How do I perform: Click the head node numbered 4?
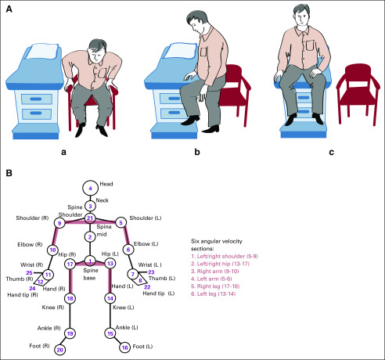point(90,189)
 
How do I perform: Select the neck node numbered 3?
point(90,206)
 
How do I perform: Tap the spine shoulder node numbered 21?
point(90,218)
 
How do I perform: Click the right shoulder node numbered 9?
point(59,223)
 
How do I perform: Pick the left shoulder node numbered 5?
point(121,223)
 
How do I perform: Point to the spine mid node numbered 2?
point(90,236)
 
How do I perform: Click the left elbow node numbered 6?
point(128,250)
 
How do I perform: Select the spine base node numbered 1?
point(90,260)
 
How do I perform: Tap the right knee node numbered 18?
point(70,298)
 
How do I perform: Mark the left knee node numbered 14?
point(110,298)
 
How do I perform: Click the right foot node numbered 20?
point(59,350)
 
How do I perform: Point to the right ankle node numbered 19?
point(70,333)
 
